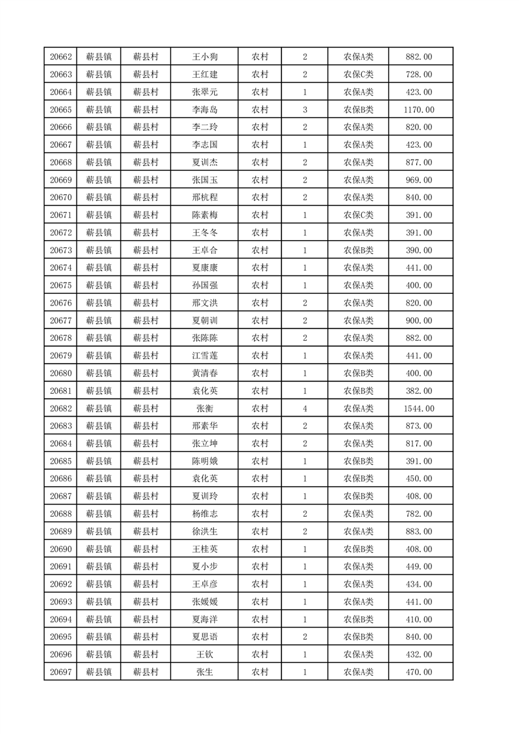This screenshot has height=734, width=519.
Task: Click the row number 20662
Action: click(x=60, y=57)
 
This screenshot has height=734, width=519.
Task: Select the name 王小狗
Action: click(x=204, y=57)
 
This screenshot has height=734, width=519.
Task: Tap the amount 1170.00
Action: click(x=420, y=109)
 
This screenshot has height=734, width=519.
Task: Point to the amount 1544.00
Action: click(x=420, y=408)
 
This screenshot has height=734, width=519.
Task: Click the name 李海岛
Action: click(x=204, y=109)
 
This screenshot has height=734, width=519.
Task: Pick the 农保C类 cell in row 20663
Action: click(x=358, y=75)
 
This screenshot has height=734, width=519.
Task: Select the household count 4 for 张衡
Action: click(x=304, y=408)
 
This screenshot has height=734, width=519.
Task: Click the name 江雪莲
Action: click(x=204, y=356)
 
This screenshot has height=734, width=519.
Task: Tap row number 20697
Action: click(x=60, y=672)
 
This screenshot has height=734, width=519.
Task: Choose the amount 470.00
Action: click(x=420, y=672)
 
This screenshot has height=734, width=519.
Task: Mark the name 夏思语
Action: click(x=204, y=637)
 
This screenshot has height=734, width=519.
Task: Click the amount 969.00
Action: click(x=420, y=180)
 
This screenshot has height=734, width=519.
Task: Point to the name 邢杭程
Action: click(x=204, y=198)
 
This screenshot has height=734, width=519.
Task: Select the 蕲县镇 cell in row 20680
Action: click(x=99, y=374)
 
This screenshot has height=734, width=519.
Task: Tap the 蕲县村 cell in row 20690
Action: click(x=146, y=549)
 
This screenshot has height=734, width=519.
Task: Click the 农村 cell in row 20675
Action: click(x=260, y=285)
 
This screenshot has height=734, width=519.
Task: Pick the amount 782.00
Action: click(x=420, y=514)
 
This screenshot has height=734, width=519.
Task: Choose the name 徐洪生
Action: click(x=204, y=531)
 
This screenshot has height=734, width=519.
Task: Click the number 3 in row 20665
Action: click(x=304, y=109)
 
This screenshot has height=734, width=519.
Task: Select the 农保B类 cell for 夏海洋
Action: click(x=358, y=619)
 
